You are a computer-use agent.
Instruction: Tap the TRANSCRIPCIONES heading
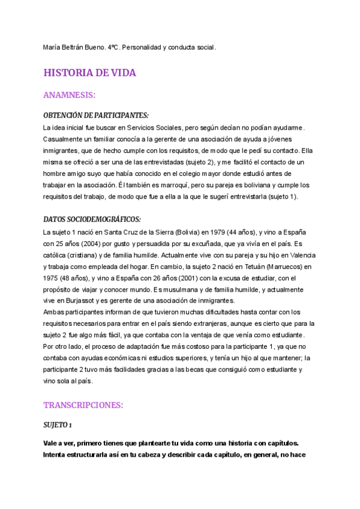83,405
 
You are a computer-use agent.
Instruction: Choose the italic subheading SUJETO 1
58,425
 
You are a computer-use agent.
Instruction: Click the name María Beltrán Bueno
77,46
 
